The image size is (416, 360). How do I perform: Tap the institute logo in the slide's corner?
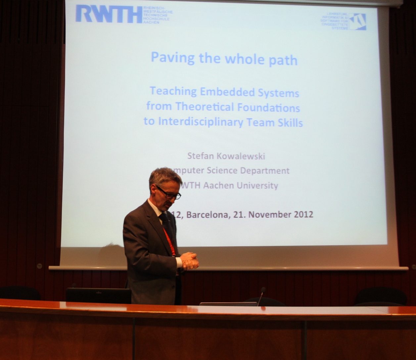(x=357, y=22)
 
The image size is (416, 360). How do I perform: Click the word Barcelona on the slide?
(x=207, y=215)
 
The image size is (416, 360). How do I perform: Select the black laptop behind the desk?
(x=98, y=295)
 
